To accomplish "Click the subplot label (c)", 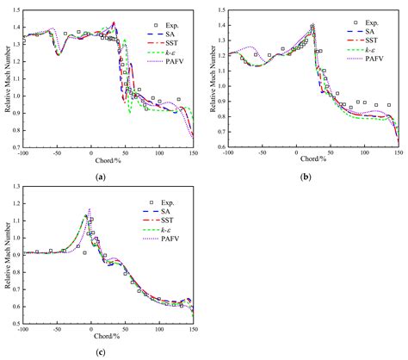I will pos(102,352).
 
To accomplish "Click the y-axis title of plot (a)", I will pos(6,82).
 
